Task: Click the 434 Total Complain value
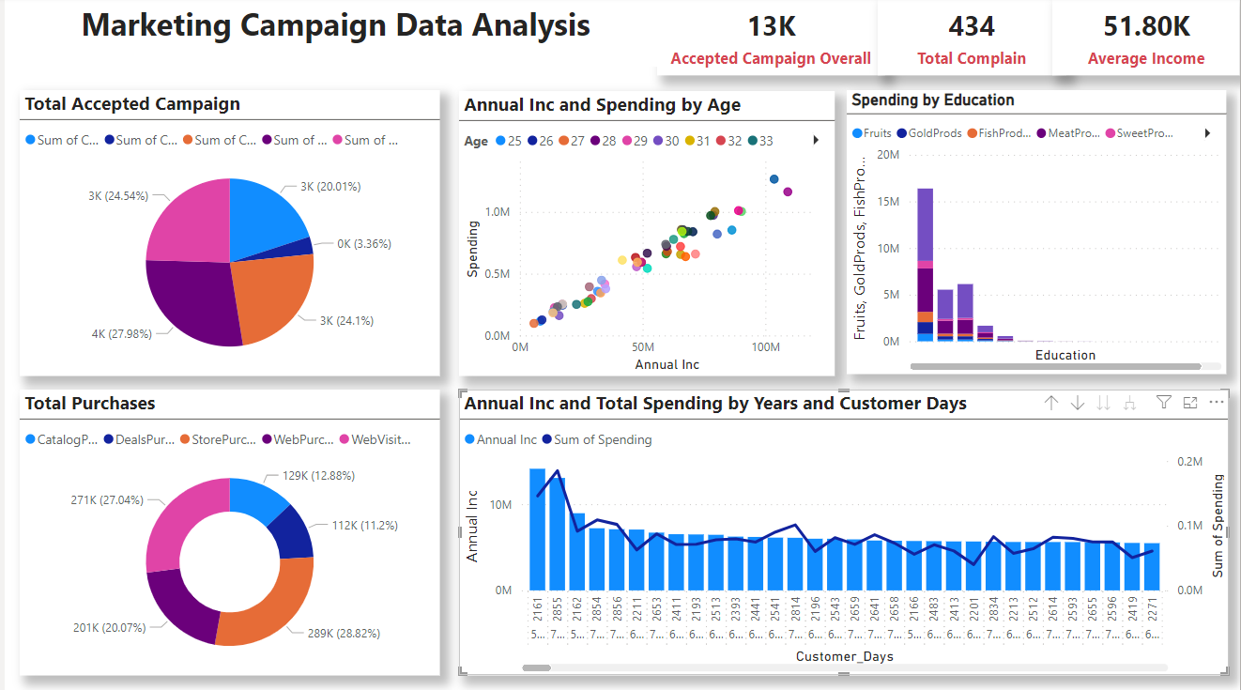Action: [x=971, y=25]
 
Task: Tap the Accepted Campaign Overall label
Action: [x=771, y=58]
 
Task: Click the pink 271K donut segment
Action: [x=178, y=526]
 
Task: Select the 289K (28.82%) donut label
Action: [x=343, y=634]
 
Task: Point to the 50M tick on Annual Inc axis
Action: [x=643, y=347]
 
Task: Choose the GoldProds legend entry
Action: [x=928, y=133]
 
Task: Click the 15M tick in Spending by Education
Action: [x=886, y=202]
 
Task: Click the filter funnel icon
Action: [x=1163, y=403]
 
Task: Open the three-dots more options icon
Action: [x=1217, y=403]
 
